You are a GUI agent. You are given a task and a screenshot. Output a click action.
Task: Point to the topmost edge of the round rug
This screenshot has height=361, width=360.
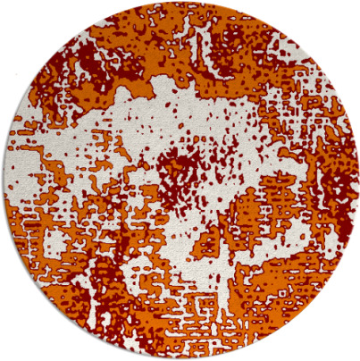point(180,4)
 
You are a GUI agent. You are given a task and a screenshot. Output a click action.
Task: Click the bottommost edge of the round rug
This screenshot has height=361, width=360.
point(180,357)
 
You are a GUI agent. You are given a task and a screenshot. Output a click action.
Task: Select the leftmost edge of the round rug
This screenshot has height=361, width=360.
point(4,180)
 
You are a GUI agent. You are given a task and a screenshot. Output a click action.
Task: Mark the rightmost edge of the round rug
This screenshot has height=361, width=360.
point(356,180)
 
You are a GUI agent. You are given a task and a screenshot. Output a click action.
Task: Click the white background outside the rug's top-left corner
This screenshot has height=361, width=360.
point(18,18)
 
